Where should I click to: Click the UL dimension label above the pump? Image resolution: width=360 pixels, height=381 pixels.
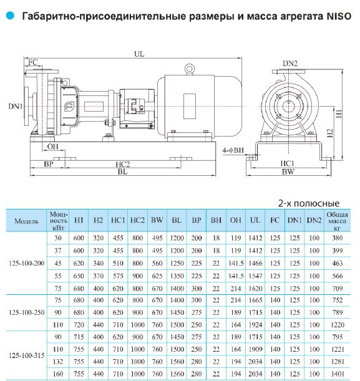pyautogui.click(x=139, y=54)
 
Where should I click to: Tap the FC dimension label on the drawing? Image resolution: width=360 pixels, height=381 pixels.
pyautogui.click(x=33, y=62)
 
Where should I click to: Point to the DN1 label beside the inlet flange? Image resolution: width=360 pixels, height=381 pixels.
pyautogui.click(x=16, y=107)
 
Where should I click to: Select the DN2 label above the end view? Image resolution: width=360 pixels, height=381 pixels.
pyautogui.click(x=290, y=64)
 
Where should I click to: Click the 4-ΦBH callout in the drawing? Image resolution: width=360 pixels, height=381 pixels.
pyautogui.click(x=233, y=150)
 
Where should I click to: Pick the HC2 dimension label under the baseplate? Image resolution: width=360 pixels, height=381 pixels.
pyautogui.click(x=123, y=165)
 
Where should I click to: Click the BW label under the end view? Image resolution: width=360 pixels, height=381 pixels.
pyautogui.click(x=288, y=172)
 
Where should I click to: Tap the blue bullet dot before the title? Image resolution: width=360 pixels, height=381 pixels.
pyautogui.click(x=10, y=16)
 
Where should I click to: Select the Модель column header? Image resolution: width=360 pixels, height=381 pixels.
pyautogui.click(x=26, y=221)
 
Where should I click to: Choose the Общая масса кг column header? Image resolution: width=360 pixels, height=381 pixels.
pyautogui.click(x=337, y=221)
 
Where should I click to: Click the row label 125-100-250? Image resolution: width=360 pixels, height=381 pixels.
pyautogui.click(x=26, y=312)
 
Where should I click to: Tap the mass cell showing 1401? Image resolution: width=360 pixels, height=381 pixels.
pyautogui.click(x=338, y=374)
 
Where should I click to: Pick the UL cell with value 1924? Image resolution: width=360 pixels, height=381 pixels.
pyautogui.click(x=255, y=325)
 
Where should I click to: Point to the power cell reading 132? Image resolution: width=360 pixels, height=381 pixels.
pyautogui.click(x=58, y=362)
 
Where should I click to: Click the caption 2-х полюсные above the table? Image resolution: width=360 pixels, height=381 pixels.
pyautogui.click(x=309, y=203)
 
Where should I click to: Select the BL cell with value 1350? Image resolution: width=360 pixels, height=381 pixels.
pyautogui.click(x=177, y=276)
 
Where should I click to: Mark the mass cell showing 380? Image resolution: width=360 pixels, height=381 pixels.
pyautogui.click(x=338, y=238)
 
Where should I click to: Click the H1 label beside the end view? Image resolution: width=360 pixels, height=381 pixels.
pyautogui.click(x=339, y=113)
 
